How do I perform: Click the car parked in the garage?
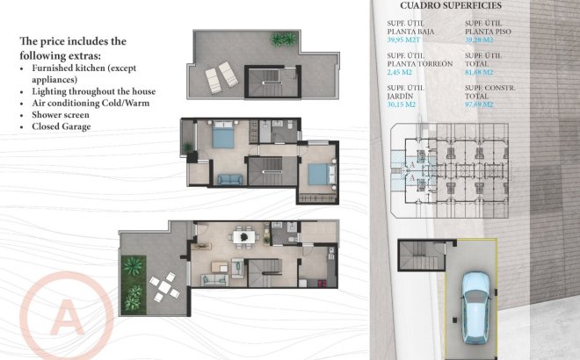click(x=475, y=307)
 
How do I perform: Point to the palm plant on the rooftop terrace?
click(x=283, y=40)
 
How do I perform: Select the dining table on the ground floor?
click(x=244, y=235)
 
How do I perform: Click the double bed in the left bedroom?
click(x=222, y=136)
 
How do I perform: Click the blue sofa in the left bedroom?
click(x=229, y=179)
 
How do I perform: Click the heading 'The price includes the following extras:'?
click(x=73, y=47)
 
